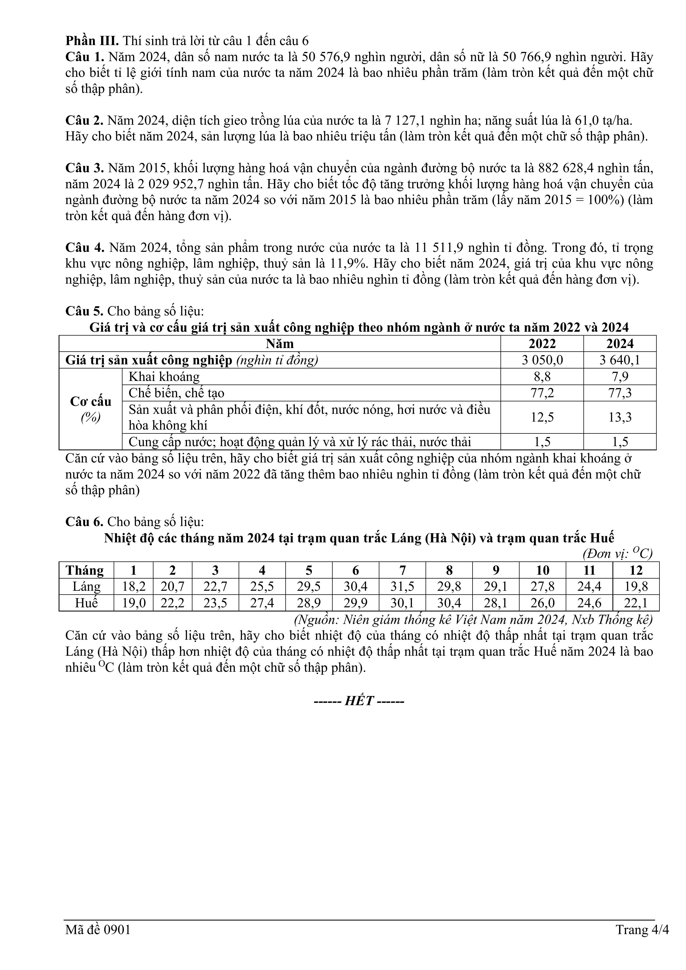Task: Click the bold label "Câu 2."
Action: pyautogui.click(x=84, y=121)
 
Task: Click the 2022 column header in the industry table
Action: pyautogui.click(x=542, y=344)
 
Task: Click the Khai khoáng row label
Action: pyautogui.click(x=164, y=377)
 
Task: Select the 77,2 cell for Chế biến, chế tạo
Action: pyautogui.click(x=542, y=393)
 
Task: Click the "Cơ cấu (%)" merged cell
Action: pyautogui.click(x=90, y=409)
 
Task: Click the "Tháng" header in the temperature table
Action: pyautogui.click(x=85, y=570)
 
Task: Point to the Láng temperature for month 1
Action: pyautogui.click(x=134, y=586)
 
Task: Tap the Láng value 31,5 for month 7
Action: pyautogui.click(x=402, y=586)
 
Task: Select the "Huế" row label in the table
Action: pyautogui.click(x=86, y=603)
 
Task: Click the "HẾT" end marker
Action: pyautogui.click(x=359, y=701)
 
